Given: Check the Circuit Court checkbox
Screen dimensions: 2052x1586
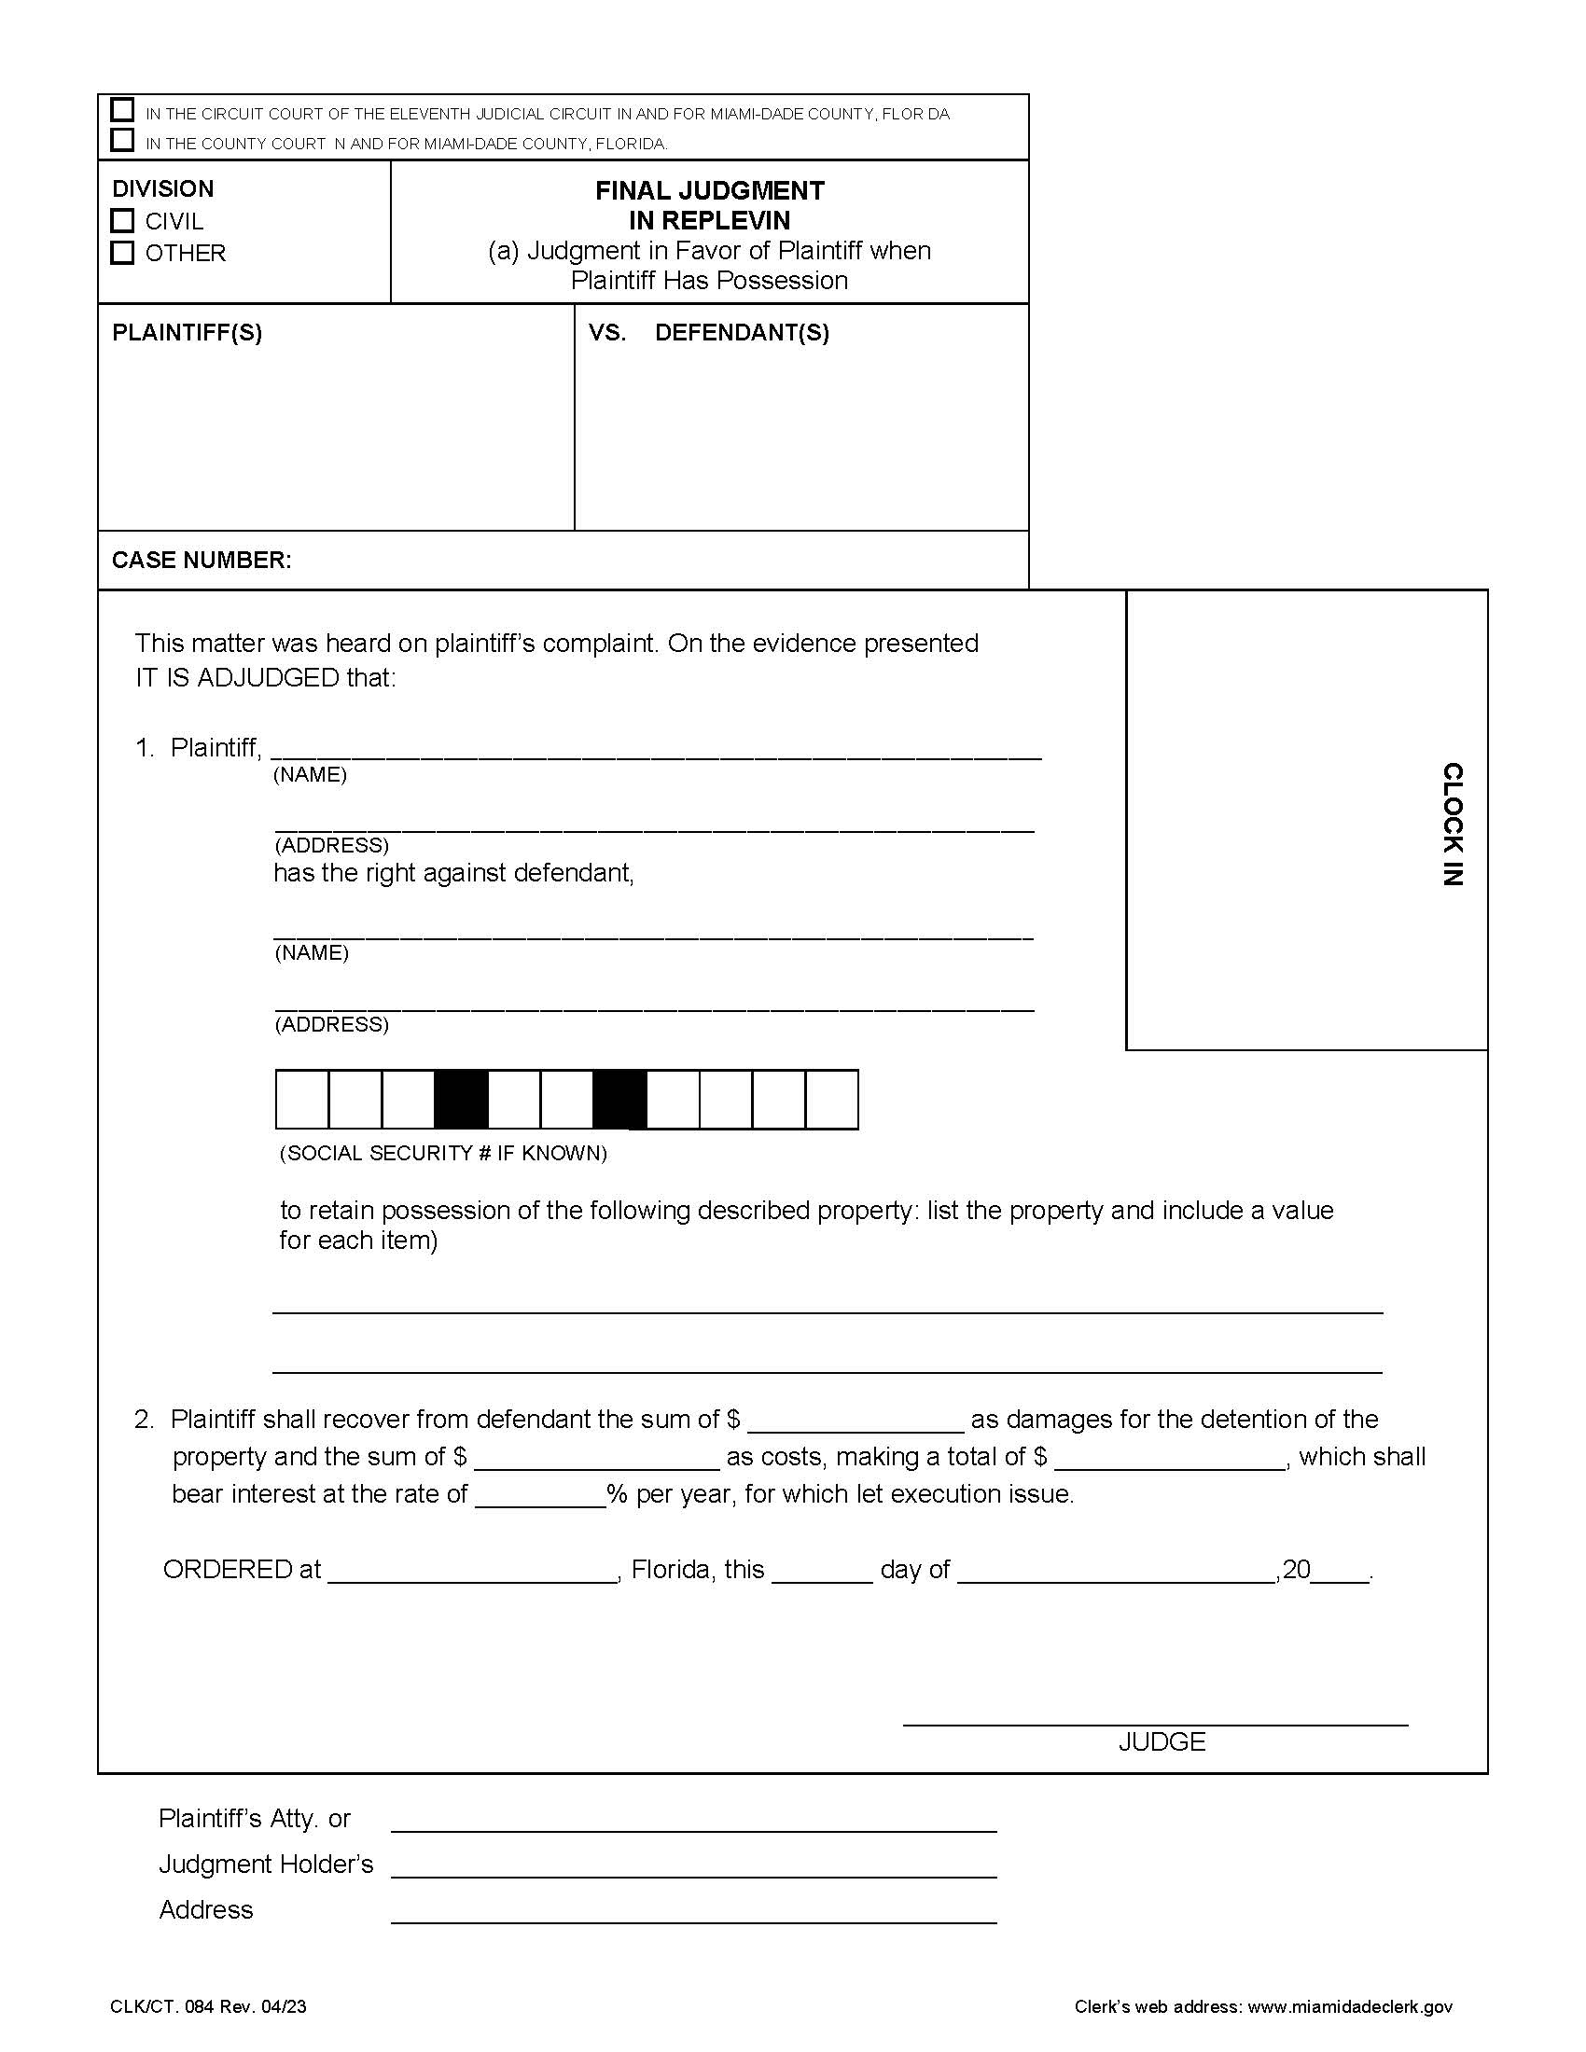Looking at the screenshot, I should [x=122, y=110].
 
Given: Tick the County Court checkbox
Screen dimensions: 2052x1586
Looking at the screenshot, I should [x=122, y=140].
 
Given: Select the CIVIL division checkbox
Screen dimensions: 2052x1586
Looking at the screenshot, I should [x=122, y=221].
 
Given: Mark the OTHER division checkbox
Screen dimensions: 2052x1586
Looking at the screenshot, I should [x=122, y=253].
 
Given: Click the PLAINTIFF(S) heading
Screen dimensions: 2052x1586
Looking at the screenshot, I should [x=187, y=333].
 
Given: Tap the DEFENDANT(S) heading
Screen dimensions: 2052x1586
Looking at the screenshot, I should [x=742, y=333].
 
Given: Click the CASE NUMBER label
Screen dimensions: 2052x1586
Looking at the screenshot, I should [x=202, y=560].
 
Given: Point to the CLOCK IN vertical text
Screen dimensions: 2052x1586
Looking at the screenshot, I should [x=1452, y=824].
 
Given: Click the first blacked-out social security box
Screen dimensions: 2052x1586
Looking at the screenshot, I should [x=461, y=1099].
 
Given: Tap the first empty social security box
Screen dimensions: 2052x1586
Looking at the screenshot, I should [x=301, y=1099].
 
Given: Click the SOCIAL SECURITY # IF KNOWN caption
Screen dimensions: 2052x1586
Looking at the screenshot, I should [x=443, y=1153].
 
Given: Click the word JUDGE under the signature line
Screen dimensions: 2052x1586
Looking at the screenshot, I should [x=1162, y=1742].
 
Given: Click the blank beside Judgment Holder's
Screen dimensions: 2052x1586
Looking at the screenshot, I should [x=693, y=1866].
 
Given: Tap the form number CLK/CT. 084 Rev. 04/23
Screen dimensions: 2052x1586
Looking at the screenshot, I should [x=208, y=2007].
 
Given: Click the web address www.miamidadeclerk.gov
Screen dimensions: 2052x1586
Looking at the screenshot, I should [x=1349, y=2007].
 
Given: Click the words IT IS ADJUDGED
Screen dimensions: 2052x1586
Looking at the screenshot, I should [x=237, y=677].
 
